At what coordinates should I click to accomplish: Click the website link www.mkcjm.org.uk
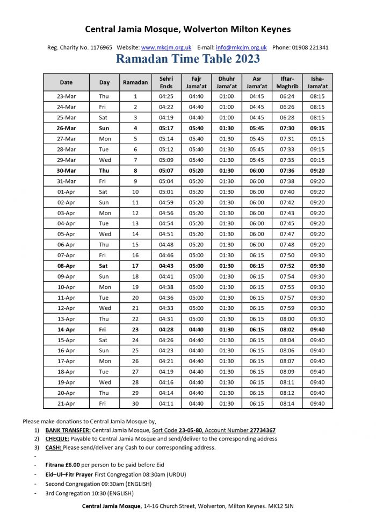point(166,47)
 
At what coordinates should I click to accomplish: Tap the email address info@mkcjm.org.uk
point(241,47)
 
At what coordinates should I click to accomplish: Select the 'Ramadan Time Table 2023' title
point(188,59)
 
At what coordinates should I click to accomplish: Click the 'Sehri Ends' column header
point(166,82)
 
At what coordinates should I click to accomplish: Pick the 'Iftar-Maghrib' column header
point(287,82)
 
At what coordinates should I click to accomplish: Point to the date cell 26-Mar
point(66,128)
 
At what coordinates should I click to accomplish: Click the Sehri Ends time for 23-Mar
point(166,96)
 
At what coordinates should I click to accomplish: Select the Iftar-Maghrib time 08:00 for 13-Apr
point(287,319)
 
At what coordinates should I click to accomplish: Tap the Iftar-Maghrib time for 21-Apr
point(287,403)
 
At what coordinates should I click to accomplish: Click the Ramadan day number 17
point(135,266)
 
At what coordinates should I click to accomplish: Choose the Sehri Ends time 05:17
point(166,128)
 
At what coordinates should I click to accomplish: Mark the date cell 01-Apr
point(66,191)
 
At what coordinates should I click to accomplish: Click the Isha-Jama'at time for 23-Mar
point(317,96)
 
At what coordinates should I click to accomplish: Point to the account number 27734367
point(263,430)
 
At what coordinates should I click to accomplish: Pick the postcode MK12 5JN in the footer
point(281,506)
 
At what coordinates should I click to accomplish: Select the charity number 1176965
point(100,47)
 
